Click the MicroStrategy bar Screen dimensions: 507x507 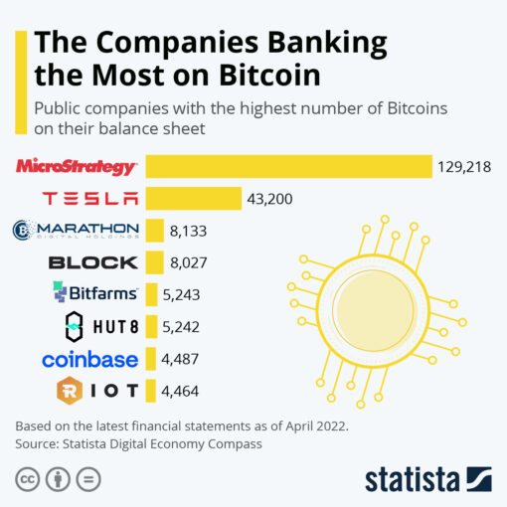click(x=288, y=167)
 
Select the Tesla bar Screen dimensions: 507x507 click(x=194, y=199)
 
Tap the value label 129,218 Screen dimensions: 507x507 click(x=464, y=167)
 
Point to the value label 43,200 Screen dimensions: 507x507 click(x=269, y=199)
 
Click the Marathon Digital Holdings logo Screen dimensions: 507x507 click(x=76, y=231)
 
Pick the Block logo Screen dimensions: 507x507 click(x=92, y=262)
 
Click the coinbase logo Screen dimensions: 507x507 click(x=89, y=358)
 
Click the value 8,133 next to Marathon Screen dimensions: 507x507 click(x=190, y=232)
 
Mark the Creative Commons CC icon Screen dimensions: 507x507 click(x=27, y=480)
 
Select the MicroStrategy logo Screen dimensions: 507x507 click(x=77, y=166)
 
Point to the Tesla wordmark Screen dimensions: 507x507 click(x=90, y=199)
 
